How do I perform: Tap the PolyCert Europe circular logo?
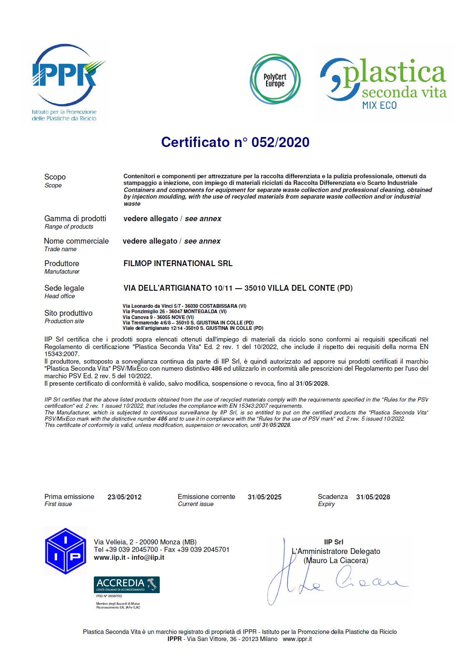point(275,79)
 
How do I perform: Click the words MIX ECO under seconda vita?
point(379,105)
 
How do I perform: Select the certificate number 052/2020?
point(280,142)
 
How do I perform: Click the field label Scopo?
point(55,177)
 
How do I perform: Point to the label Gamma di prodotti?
point(75,219)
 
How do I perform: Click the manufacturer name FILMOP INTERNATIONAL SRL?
point(178,264)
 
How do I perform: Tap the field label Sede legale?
point(64,288)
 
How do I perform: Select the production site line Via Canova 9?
point(158,317)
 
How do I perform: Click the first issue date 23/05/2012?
point(124,497)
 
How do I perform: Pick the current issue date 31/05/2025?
point(264,497)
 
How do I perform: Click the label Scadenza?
point(332,496)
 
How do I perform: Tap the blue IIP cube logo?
point(65,551)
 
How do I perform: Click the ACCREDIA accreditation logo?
point(126,584)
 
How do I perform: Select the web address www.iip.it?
point(109,558)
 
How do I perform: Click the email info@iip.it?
point(148,558)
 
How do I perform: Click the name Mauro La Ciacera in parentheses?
point(336,561)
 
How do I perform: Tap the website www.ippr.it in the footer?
point(297,639)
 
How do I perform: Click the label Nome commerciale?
point(76,241)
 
